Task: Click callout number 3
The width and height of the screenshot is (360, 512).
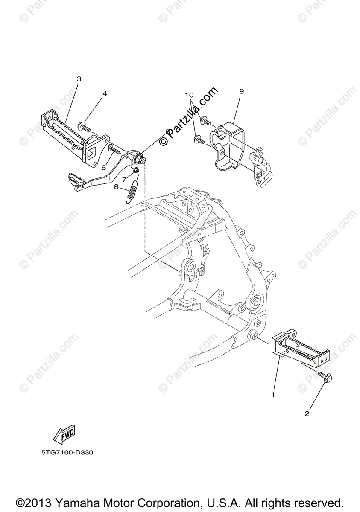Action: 79,79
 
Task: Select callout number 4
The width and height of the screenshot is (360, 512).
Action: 105,93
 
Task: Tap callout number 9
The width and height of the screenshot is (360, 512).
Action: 241,91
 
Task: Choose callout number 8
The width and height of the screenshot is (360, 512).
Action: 116,186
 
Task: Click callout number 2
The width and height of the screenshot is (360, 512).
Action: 307,413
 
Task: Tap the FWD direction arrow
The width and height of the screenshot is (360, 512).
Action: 64,435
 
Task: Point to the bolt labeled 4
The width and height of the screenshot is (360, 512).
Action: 84,126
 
